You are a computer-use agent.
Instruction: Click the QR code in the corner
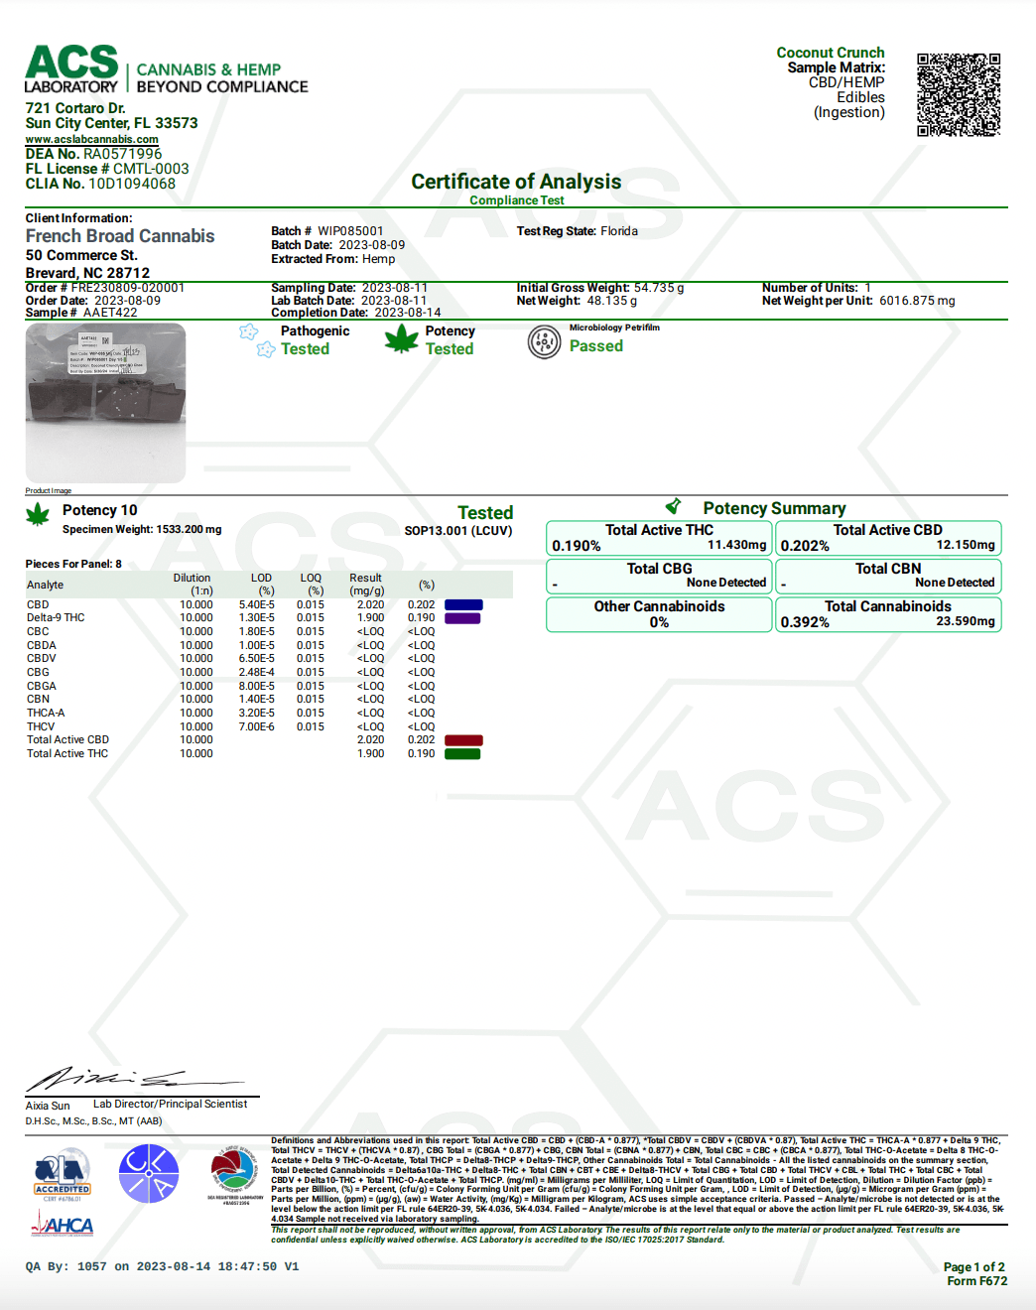[x=958, y=94]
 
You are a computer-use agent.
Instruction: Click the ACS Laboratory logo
[x=71, y=69]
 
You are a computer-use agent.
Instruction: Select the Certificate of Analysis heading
[x=516, y=182]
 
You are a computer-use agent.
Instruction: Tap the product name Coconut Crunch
[x=830, y=53]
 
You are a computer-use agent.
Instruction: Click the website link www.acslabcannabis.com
[x=91, y=139]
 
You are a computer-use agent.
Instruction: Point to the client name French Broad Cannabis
[x=120, y=236]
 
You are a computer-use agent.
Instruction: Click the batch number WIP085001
[x=350, y=231]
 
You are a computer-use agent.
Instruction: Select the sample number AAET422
[x=110, y=313]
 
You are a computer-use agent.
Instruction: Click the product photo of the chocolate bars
[x=105, y=402]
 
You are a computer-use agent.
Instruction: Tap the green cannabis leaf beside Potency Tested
[x=401, y=339]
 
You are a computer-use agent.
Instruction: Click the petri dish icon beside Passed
[x=544, y=342]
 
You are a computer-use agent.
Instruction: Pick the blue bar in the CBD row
[x=463, y=604]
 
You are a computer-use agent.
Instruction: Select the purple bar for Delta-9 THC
[x=462, y=618]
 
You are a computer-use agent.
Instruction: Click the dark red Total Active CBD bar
[x=463, y=740]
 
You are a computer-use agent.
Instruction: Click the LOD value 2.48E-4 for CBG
[x=257, y=672]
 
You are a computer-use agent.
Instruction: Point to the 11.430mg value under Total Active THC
[x=736, y=545]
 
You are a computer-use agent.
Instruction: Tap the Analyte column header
[x=46, y=585]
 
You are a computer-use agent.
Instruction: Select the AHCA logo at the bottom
[x=63, y=1226]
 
